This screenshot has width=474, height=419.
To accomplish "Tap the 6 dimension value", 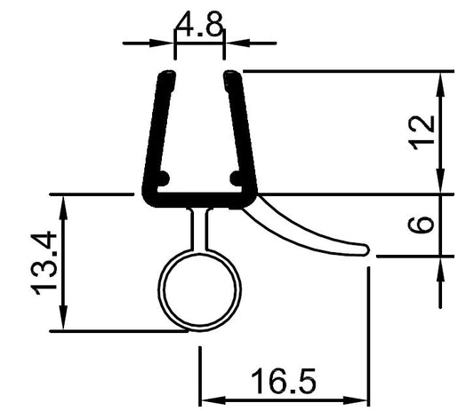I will (x=425, y=222).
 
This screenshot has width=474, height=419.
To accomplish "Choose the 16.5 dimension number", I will (x=283, y=383).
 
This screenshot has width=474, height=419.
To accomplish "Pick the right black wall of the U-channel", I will (x=241, y=133).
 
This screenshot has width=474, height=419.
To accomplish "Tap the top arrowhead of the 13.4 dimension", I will (x=62, y=202).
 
